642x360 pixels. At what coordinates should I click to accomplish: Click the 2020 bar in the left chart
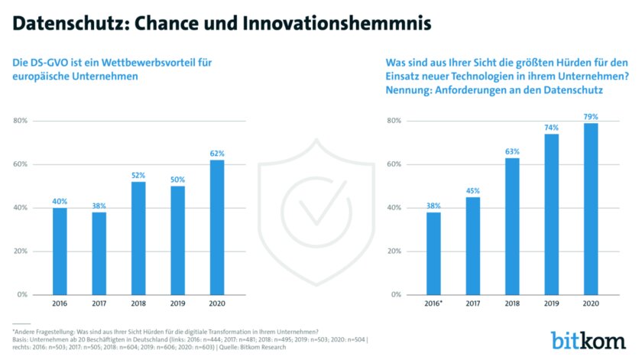[216, 227]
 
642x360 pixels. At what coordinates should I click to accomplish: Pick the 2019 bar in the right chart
[552, 214]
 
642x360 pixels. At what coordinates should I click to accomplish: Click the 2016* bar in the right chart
[433, 253]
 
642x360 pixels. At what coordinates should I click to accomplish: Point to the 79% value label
[591, 116]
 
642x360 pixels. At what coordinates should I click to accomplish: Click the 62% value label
[216, 153]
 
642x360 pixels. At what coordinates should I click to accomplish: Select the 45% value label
[472, 190]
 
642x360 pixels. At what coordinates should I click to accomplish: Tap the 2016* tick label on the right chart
[433, 303]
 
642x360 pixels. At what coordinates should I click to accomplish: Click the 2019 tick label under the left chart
[178, 303]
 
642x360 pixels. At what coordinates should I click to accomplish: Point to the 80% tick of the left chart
[21, 121]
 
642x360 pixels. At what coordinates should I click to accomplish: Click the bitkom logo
[589, 339]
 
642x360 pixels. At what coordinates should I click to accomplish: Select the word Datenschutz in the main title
[62, 23]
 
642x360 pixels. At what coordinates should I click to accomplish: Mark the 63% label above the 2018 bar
[512, 151]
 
